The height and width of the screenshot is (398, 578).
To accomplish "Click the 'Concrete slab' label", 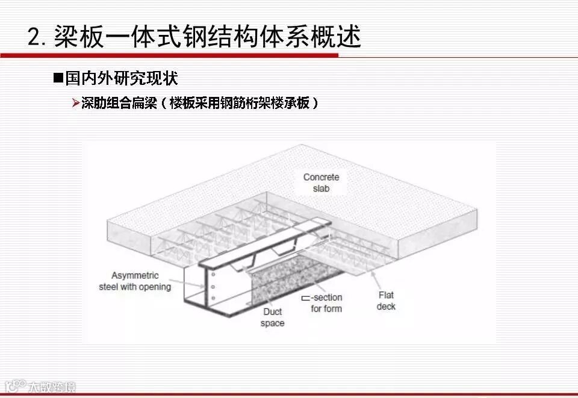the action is pyautogui.click(x=321, y=182).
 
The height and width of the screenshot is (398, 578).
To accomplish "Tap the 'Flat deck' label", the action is pyautogui.click(x=386, y=300).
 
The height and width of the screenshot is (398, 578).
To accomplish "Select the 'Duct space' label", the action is pyautogui.click(x=272, y=317).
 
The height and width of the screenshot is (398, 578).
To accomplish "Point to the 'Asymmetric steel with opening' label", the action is pyautogui.click(x=135, y=281).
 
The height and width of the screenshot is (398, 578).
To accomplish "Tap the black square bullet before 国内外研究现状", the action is pyautogui.click(x=58, y=78).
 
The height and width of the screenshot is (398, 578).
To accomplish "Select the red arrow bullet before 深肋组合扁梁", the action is pyautogui.click(x=76, y=104).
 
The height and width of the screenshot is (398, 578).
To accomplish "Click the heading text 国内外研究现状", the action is pyautogui.click(x=122, y=78).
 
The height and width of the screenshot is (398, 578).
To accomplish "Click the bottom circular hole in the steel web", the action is pyautogui.click(x=213, y=297).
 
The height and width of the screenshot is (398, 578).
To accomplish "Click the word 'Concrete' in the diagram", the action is pyautogui.click(x=321, y=177).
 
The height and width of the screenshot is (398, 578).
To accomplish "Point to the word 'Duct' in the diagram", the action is pyautogui.click(x=272, y=312).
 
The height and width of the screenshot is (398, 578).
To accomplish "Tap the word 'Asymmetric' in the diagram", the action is pyautogui.click(x=135, y=276).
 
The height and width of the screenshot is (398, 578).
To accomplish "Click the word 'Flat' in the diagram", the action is pyautogui.click(x=386, y=295).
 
